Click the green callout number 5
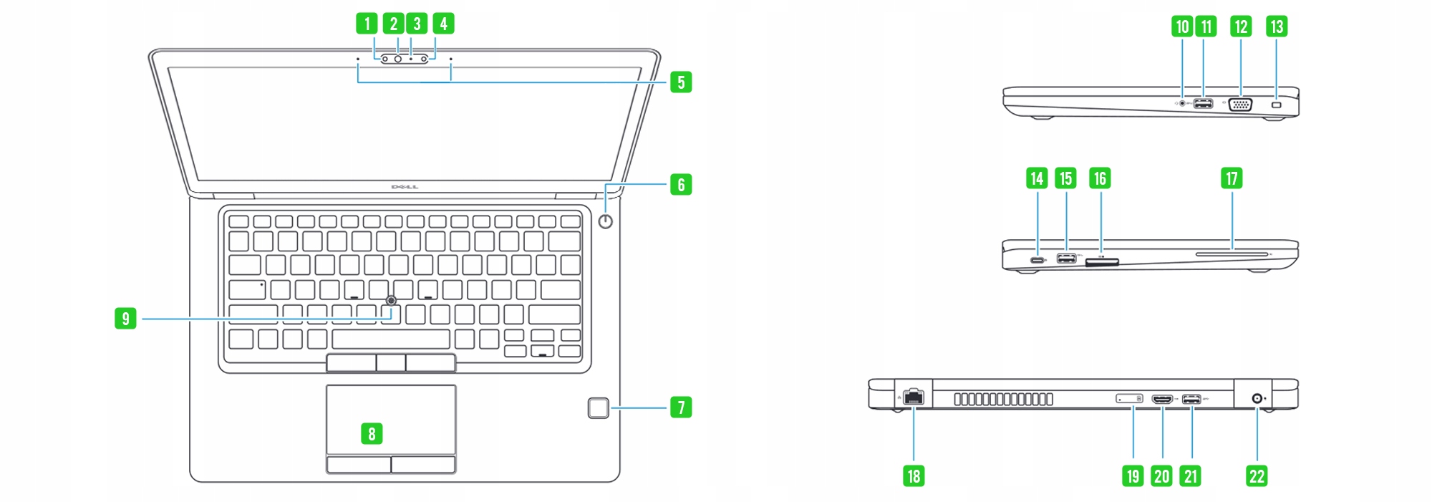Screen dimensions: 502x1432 pyautogui.click(x=681, y=82)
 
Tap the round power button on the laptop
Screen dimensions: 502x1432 pyautogui.click(x=606, y=221)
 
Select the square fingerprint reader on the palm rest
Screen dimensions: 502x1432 pyautogui.click(x=599, y=408)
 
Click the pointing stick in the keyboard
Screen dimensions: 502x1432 pyautogui.click(x=391, y=300)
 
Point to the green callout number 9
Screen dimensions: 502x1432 pyautogui.click(x=125, y=318)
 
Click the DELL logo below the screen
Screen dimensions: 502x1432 pyautogui.click(x=405, y=188)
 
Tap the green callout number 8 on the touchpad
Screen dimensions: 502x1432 pyautogui.click(x=372, y=433)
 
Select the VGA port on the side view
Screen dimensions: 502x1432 pyautogui.click(x=1240, y=105)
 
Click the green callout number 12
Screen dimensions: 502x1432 pyautogui.click(x=1241, y=26)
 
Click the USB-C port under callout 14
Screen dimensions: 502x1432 pyautogui.click(x=1037, y=259)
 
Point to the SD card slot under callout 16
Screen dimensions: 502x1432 pyautogui.click(x=1102, y=263)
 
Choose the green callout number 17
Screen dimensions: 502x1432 pyautogui.click(x=1232, y=178)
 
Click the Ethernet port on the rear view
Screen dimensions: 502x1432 pyautogui.click(x=914, y=397)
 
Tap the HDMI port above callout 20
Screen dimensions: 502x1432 pyautogui.click(x=1162, y=399)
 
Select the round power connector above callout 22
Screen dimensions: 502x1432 pyautogui.click(x=1257, y=399)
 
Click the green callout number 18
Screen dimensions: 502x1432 pyautogui.click(x=914, y=476)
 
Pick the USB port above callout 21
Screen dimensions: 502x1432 pyautogui.click(x=1191, y=399)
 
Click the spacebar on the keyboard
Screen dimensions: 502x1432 pyautogui.click(x=391, y=339)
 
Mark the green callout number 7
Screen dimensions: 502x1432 pyautogui.click(x=681, y=407)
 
